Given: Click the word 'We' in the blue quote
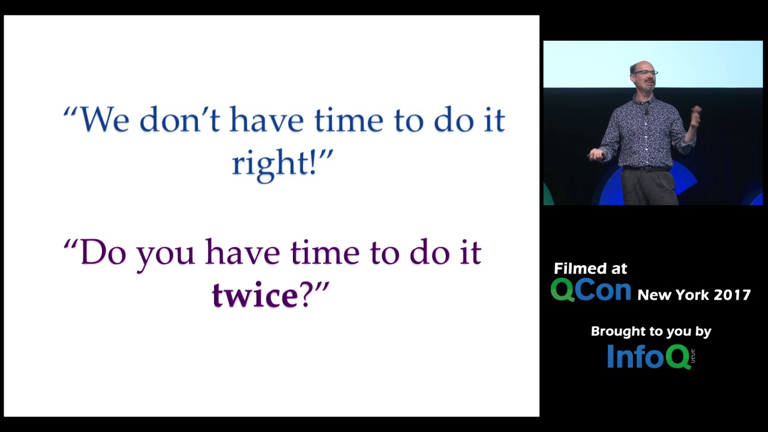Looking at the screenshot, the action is pyautogui.click(x=104, y=119).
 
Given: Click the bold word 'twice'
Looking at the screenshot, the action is pyautogui.click(x=256, y=295).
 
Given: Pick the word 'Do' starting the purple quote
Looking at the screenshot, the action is pyautogui.click(x=103, y=253).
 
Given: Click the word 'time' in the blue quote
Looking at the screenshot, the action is pyautogui.click(x=349, y=119).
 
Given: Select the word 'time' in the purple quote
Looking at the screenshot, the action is pyautogui.click(x=325, y=253).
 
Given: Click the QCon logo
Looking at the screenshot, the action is pyautogui.click(x=591, y=290).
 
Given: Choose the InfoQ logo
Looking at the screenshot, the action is pyautogui.click(x=651, y=356).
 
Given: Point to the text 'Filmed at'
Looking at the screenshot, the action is pyautogui.click(x=590, y=268).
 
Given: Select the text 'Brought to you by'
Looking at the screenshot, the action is pyautogui.click(x=651, y=332).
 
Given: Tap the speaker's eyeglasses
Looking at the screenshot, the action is pyautogui.click(x=645, y=73).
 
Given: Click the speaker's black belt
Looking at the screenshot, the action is pyautogui.click(x=647, y=169).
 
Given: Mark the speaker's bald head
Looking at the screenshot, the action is pyautogui.click(x=641, y=66).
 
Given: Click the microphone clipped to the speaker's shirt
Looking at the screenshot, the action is pyautogui.click(x=647, y=112).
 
